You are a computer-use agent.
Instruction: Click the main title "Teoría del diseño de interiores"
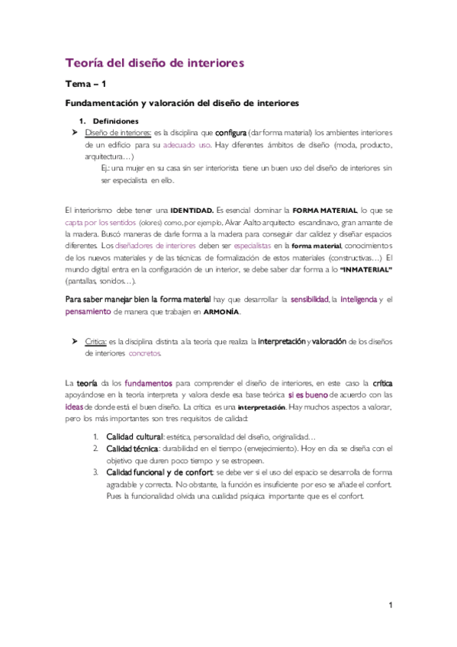pyautogui.click(x=154, y=63)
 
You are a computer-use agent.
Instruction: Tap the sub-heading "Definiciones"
pyautogui.click(x=115, y=121)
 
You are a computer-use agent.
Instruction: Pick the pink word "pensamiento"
pyautogui.click(x=88, y=312)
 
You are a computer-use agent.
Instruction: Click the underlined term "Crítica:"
pyautogui.click(x=95, y=342)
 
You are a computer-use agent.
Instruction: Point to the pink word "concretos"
pyautogui.click(x=145, y=354)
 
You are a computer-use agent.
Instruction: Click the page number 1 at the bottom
pyautogui.click(x=389, y=606)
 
